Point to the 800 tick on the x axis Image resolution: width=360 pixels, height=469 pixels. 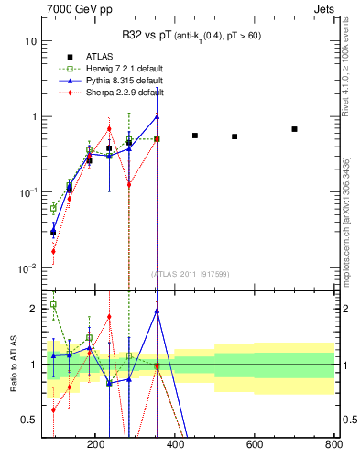point(333,444)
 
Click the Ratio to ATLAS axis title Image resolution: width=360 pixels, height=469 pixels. point(15,365)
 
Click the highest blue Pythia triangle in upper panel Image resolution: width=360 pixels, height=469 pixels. point(158,116)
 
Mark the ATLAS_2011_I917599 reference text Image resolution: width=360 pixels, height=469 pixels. point(191,274)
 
